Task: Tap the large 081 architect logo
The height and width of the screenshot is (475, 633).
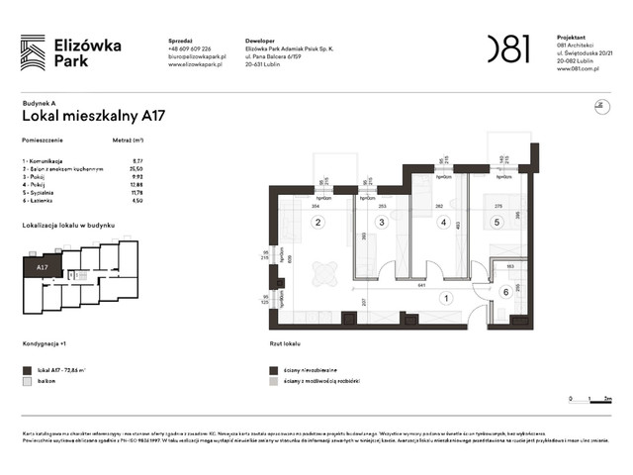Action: coord(508,48)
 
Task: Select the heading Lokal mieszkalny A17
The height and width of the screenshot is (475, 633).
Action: coord(92,116)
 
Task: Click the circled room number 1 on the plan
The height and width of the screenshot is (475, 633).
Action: coord(446,298)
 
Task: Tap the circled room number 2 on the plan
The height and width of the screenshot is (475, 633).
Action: coord(318,223)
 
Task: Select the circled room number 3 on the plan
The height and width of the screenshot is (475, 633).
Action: coord(382,223)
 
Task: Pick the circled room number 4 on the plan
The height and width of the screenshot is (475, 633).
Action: coord(444,223)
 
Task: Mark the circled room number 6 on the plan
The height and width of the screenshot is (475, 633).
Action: coord(503,291)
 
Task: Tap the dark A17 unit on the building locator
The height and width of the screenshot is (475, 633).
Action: coord(44,267)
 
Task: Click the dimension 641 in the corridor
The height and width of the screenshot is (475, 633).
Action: coord(421,285)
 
